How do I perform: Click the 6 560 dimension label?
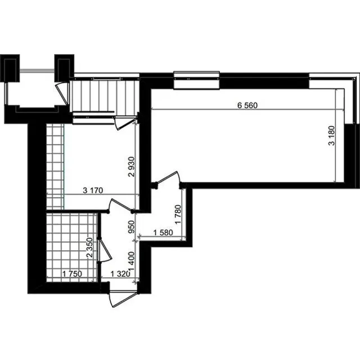pyautogui.click(x=247, y=105)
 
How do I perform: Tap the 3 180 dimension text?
pyautogui.click(x=332, y=136)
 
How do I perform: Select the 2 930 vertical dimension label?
pyautogui.click(x=131, y=166)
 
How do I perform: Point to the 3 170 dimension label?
pyautogui.click(x=93, y=190)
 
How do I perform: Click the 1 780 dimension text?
pyautogui.click(x=178, y=214)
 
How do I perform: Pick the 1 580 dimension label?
pyautogui.click(x=163, y=232)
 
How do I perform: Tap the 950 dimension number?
pyautogui.click(x=131, y=227)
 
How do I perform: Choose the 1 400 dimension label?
pyautogui.click(x=131, y=262)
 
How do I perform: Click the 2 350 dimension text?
pyautogui.click(x=89, y=247)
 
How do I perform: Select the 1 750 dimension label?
pyautogui.click(x=72, y=274)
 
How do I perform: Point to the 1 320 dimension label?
pyautogui.click(x=120, y=274)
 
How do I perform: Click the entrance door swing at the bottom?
pyautogui.click(x=123, y=298)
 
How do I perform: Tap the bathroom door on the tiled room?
pyautogui.click(x=105, y=250)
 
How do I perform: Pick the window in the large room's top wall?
pyautogui.click(x=196, y=80)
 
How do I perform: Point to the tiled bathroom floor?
pyautogui.click(x=71, y=247)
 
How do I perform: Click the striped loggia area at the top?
pyautogui.click(x=106, y=96)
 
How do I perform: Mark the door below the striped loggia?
pyautogui.click(x=125, y=123)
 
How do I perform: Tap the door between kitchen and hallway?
pyautogui.click(x=120, y=206)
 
